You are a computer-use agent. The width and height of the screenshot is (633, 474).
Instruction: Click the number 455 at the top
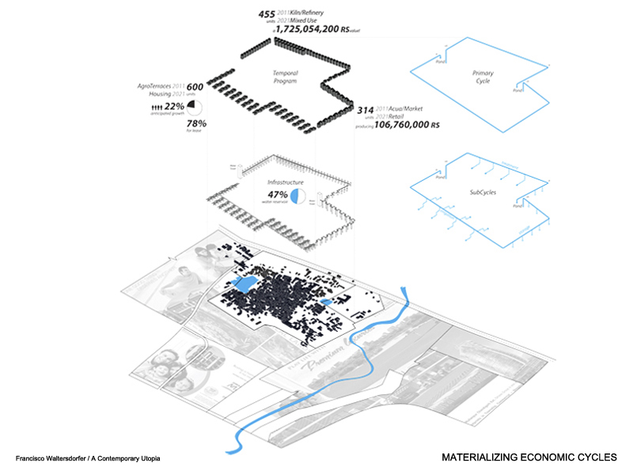tap(267, 13)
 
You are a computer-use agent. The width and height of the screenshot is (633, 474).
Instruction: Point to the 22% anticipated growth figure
tap(175, 107)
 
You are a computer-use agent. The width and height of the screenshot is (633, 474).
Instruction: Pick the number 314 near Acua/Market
tap(366, 111)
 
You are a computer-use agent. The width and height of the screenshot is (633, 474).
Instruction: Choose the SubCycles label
tap(483, 191)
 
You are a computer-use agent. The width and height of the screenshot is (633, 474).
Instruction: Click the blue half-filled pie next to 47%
tap(298, 196)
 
